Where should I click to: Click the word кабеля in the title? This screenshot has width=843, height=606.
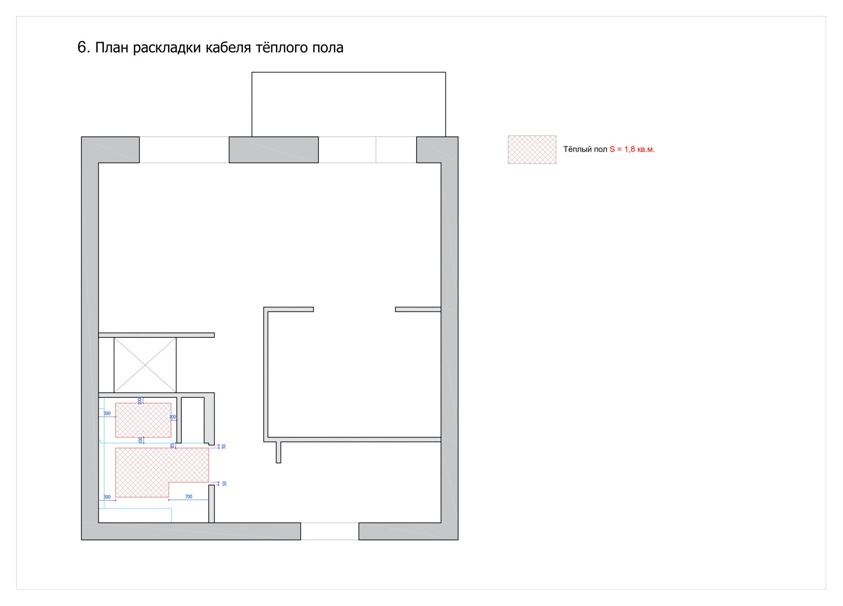229,48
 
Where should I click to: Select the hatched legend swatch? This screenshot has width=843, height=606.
532,150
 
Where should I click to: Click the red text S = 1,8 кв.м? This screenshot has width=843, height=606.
632,150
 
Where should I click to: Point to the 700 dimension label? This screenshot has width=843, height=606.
189,496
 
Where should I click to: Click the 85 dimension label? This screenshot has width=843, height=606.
172,445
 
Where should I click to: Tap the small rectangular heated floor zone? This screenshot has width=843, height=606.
143,420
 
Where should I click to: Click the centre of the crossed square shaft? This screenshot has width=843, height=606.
145,365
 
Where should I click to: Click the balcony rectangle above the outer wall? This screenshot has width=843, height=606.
348,104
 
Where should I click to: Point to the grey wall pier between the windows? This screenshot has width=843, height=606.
273,150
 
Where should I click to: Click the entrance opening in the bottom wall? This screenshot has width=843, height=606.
330,531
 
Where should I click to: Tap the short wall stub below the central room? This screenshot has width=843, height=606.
279,452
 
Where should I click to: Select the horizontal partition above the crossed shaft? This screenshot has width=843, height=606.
156,335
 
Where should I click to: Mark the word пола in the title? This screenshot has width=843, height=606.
328,48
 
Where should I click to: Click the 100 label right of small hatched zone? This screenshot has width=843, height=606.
172,417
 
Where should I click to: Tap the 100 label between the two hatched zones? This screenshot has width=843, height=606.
140,439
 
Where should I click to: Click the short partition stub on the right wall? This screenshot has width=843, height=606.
418,309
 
